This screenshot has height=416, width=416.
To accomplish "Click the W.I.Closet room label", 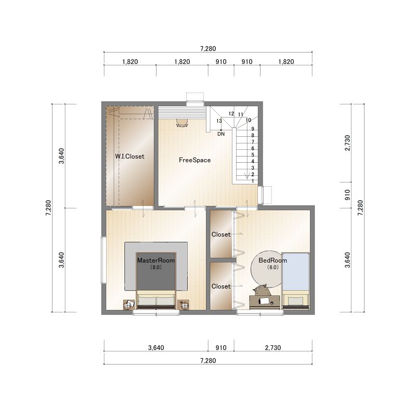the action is pyautogui.click(x=129, y=157).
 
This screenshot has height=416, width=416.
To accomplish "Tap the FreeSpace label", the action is pyautogui.click(x=194, y=160).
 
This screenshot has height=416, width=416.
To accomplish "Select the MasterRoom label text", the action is pyautogui.click(x=156, y=261).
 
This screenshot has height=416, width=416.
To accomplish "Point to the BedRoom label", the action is pyautogui.click(x=272, y=261).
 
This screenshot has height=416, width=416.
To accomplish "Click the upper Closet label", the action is pyautogui.click(x=221, y=235).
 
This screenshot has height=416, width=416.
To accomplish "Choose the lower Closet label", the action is pyautogui.click(x=221, y=287).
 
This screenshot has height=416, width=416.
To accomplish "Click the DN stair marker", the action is pyautogui.click(x=221, y=134).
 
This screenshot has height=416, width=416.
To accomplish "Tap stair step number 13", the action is pyautogui.click(x=219, y=121).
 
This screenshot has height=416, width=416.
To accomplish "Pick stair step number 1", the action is pyautogui.click(x=253, y=181).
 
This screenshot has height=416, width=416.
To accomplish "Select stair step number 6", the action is pyautogui.click(x=253, y=149).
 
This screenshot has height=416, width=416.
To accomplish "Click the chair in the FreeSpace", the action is pyautogui.click(x=182, y=123).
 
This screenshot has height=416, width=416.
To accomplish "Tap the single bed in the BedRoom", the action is pyautogui.click(x=295, y=281).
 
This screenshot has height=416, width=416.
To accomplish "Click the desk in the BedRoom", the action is pyautogui.click(x=265, y=302).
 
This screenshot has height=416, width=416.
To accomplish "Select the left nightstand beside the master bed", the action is pyautogui.click(x=129, y=304).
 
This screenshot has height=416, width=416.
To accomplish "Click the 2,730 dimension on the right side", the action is pyautogui.click(x=347, y=143).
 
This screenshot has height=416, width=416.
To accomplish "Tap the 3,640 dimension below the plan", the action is pyautogui.click(x=156, y=347).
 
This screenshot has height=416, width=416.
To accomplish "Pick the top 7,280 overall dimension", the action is pyautogui.click(x=208, y=48).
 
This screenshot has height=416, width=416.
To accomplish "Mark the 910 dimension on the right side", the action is pyautogui.click(x=347, y=195).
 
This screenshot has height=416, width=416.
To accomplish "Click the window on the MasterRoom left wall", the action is pyautogui.click(x=103, y=261).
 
